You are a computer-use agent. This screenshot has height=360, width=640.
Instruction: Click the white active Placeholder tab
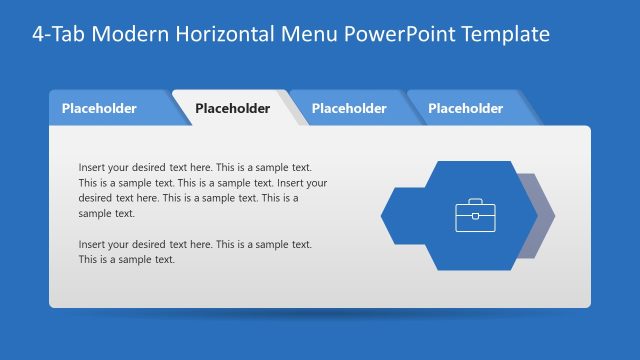(x=232, y=109)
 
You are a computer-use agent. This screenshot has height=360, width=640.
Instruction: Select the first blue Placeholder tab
(x=99, y=108)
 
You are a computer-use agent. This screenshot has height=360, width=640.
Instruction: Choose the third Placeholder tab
(x=349, y=108)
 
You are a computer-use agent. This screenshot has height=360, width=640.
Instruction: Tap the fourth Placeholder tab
(x=465, y=108)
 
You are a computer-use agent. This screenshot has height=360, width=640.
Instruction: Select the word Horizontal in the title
(x=232, y=34)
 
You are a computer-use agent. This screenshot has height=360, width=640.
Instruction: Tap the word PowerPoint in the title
(x=395, y=34)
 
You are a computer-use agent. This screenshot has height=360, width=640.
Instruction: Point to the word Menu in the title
(x=312, y=34)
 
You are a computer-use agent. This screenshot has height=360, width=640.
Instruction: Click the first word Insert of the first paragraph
(x=91, y=168)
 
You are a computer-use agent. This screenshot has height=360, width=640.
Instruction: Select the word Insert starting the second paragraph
(x=91, y=244)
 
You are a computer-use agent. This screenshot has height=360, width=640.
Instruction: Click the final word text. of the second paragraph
(x=163, y=259)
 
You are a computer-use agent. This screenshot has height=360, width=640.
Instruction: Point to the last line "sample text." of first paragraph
(x=106, y=213)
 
